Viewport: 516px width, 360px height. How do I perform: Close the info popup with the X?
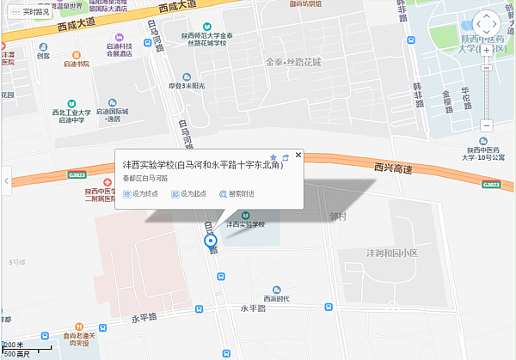pos(298,155)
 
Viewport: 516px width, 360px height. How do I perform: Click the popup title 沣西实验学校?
pos(203,165)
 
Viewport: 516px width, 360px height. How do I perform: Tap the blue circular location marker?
pos(210,241)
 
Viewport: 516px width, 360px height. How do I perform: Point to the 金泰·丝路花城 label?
pos(292,62)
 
